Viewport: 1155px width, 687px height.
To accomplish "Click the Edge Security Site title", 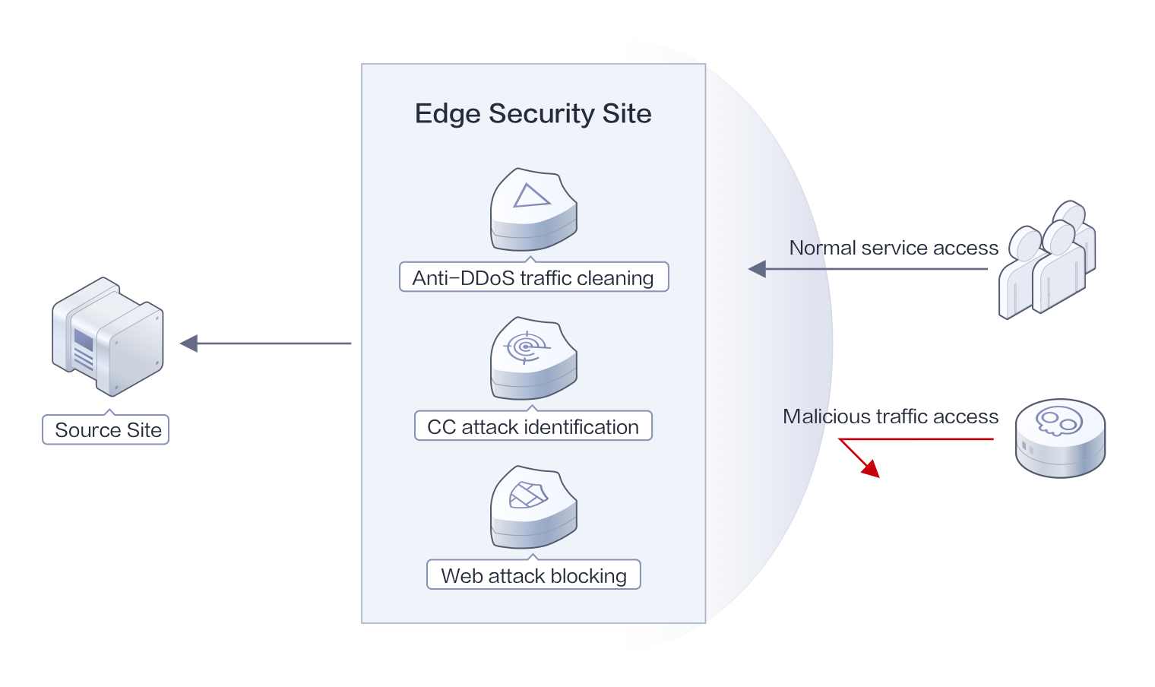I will tap(533, 114).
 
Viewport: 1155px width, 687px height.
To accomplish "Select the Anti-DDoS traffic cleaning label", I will tap(533, 278).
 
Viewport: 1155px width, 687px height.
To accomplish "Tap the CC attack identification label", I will tap(533, 427).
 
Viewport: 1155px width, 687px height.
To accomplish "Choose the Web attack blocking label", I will tap(533, 576).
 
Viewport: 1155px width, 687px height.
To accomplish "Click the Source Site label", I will tap(106, 430).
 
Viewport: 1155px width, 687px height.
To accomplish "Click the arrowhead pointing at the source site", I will tap(188, 343).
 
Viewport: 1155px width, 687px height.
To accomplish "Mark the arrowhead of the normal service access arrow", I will tap(756, 268).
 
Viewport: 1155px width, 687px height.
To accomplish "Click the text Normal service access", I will tap(893, 248).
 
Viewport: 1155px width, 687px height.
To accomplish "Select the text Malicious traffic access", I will tap(890, 416).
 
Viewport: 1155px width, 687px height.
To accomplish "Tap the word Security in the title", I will tap(542, 114).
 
